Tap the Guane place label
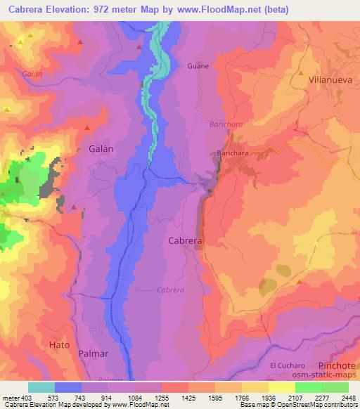pos(198,66)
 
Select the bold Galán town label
pos(102,148)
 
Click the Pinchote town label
pos(330,365)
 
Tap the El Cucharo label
pos(286,365)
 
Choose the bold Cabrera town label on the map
pos(186,240)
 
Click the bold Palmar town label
pos(94,353)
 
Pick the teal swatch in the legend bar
pos(41,387)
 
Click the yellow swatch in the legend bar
pos(281,387)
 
